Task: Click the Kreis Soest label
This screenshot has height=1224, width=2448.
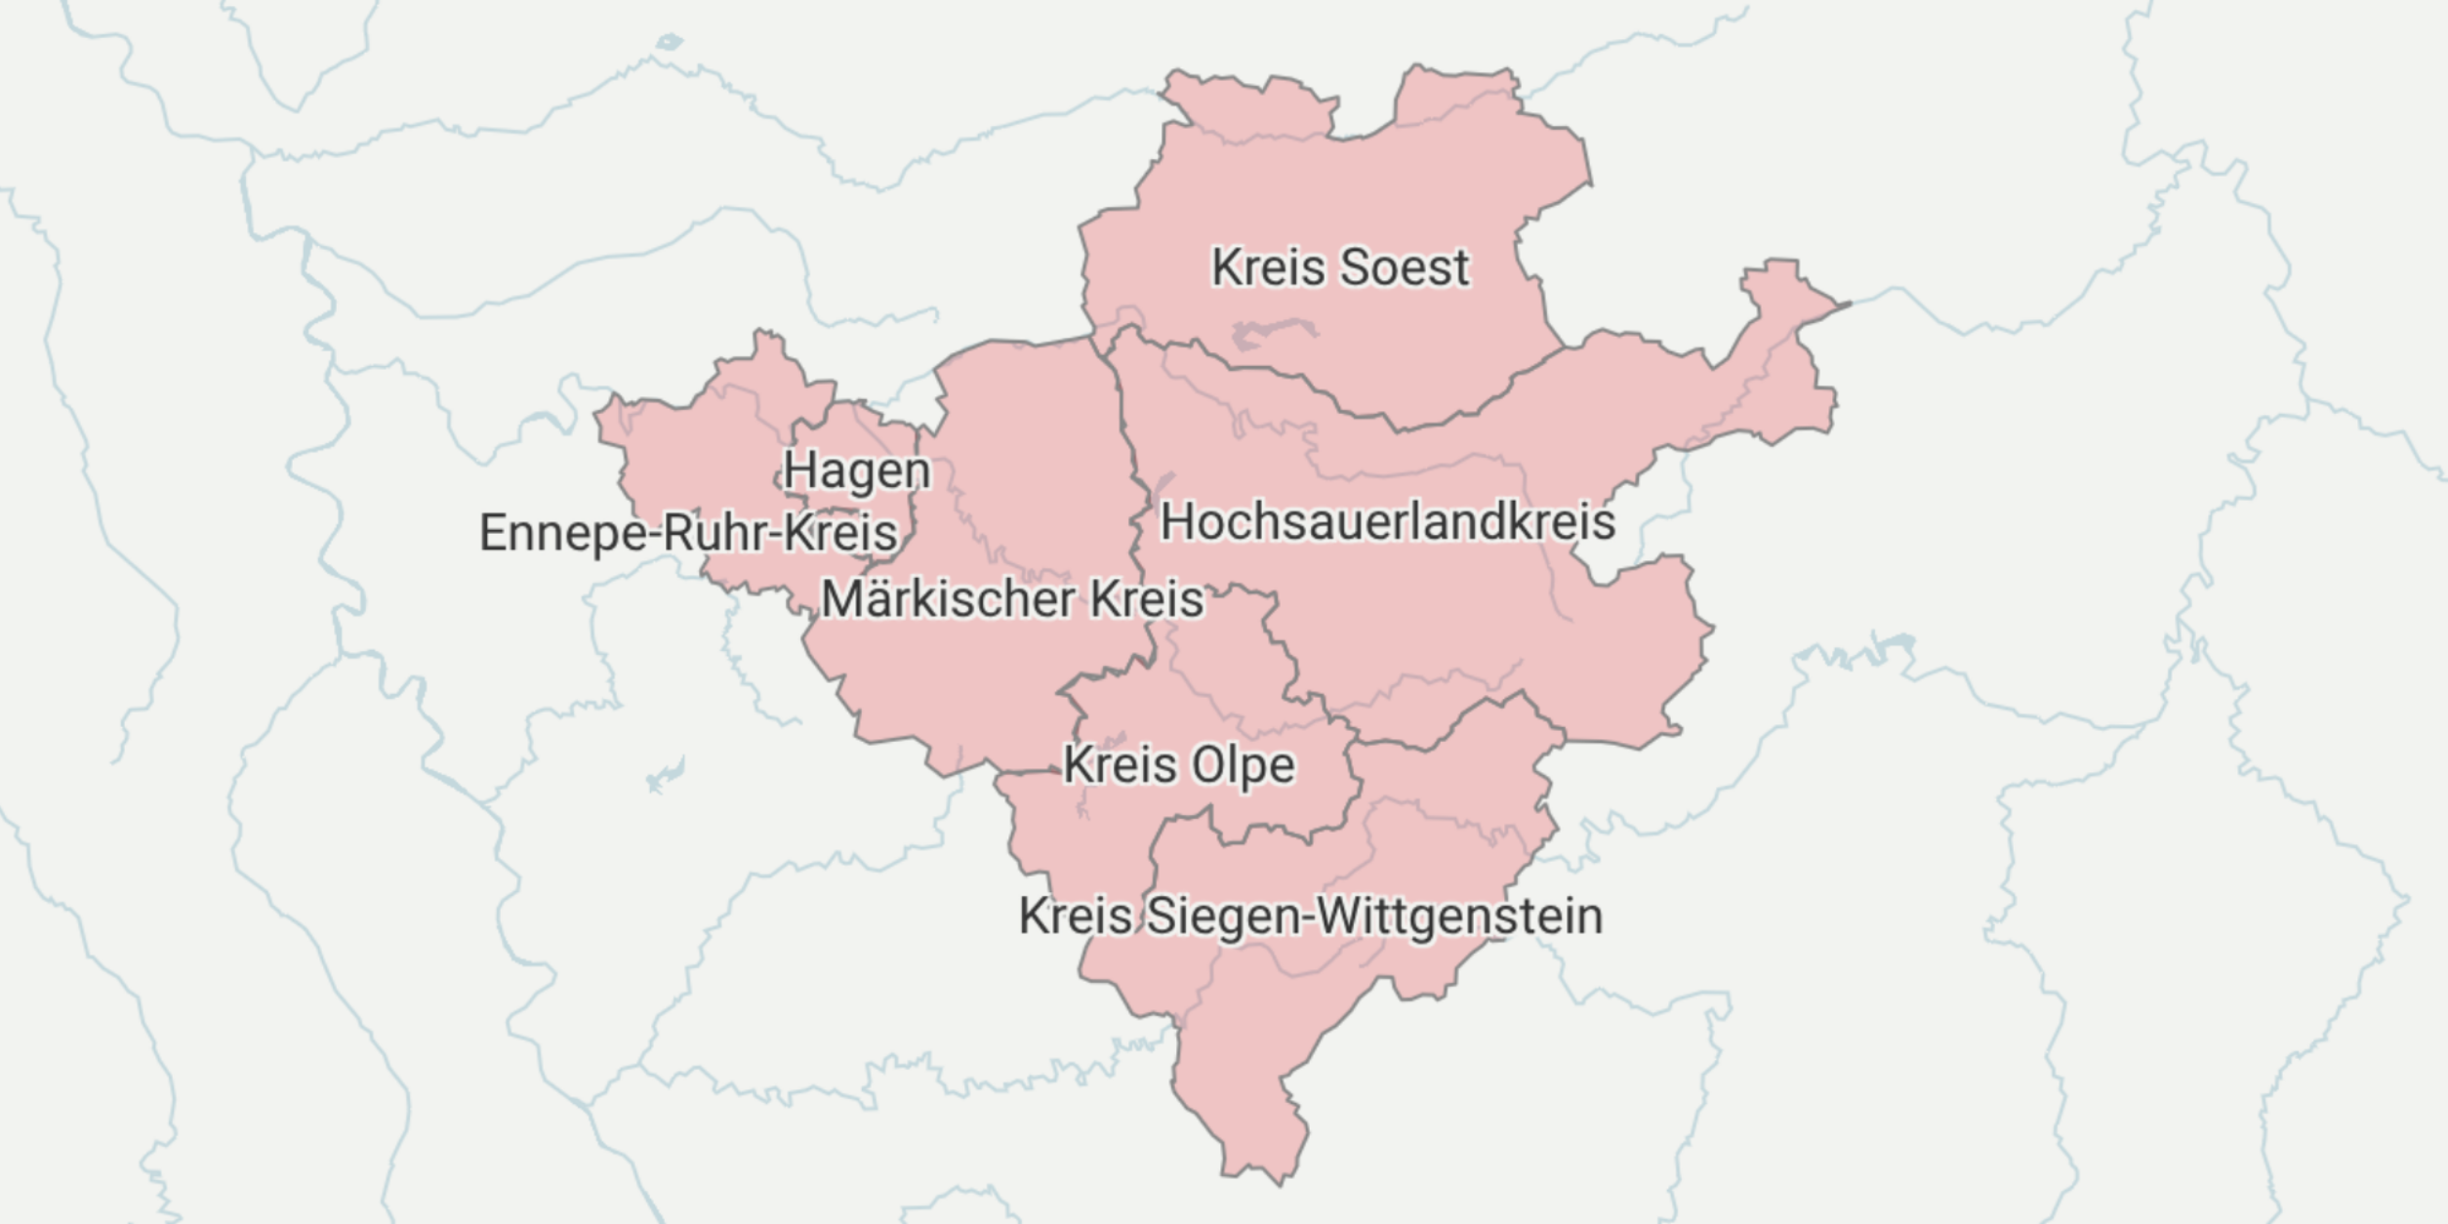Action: (x=1339, y=267)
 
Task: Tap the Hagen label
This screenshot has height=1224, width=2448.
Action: (x=857, y=470)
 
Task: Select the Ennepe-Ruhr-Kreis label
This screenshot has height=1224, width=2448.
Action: (x=687, y=533)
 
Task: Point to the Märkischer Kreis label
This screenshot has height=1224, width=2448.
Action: (x=1012, y=598)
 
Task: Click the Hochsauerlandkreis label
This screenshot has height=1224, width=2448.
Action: (x=1386, y=521)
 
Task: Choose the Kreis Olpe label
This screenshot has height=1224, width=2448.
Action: (x=1178, y=764)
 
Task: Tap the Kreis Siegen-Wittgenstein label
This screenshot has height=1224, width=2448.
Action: (x=1310, y=916)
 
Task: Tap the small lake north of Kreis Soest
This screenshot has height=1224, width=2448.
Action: (x=669, y=42)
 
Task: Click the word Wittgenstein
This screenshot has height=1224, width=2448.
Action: (x=1458, y=916)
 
